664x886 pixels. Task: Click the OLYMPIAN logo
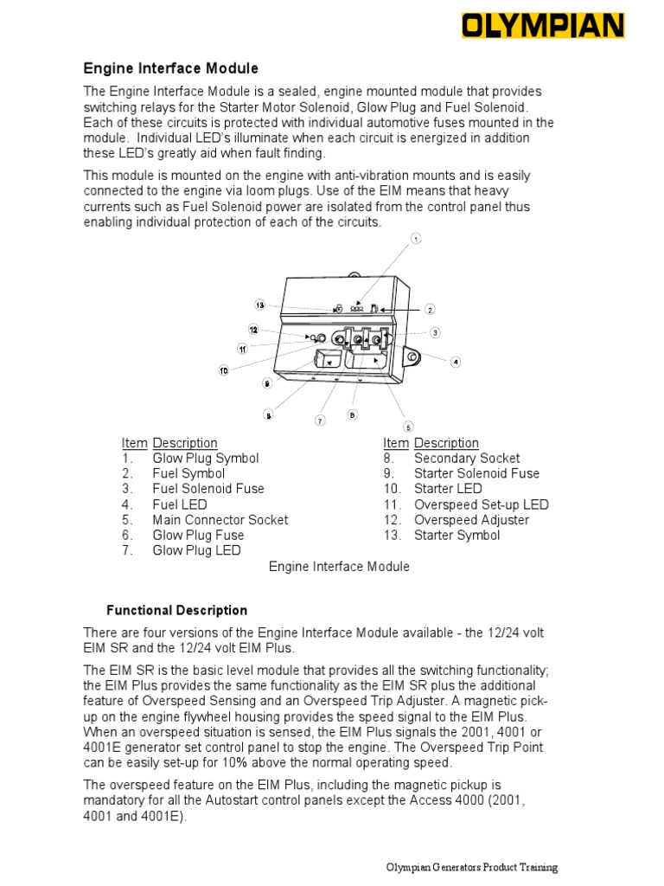[x=543, y=26]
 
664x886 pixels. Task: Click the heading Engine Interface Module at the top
[x=170, y=68]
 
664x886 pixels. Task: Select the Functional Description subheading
[x=176, y=610]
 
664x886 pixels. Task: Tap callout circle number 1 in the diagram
[x=416, y=239]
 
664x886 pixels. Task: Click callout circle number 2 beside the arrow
[x=430, y=309]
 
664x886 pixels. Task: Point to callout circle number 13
[x=259, y=305]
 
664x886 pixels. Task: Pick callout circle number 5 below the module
[x=408, y=427]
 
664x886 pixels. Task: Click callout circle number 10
[x=223, y=370]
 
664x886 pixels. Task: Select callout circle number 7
[x=320, y=421]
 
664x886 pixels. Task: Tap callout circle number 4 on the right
[x=456, y=362]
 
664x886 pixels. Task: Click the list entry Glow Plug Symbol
[x=205, y=458]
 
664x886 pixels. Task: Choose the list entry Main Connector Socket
[x=220, y=520]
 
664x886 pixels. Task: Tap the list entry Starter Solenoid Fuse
[x=476, y=473]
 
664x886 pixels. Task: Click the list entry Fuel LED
[x=180, y=504]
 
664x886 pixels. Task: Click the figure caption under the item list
[x=339, y=567]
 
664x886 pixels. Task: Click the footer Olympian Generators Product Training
[x=471, y=868]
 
